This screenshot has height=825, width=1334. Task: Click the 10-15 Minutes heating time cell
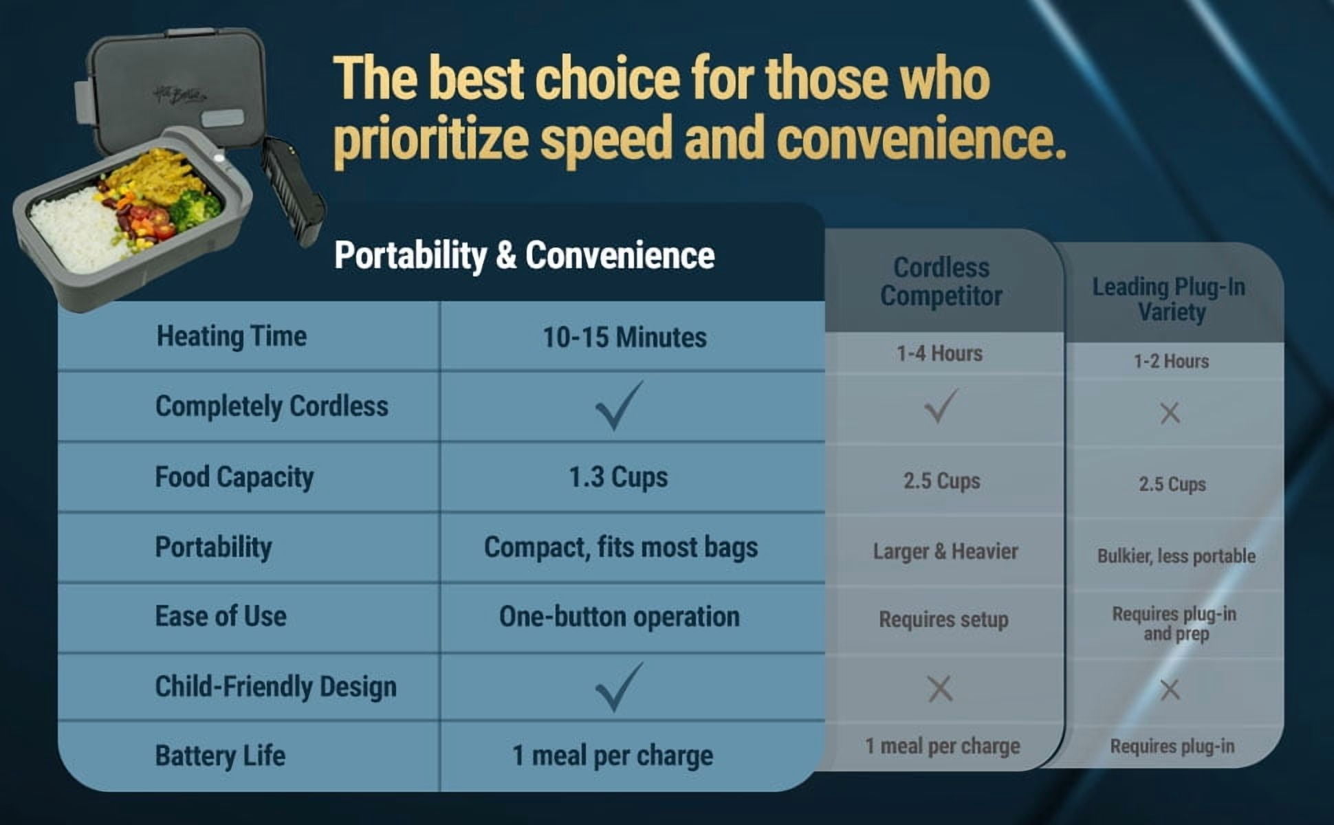(x=624, y=338)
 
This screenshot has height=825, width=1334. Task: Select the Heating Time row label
(x=232, y=336)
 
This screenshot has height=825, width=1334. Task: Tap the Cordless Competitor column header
(x=941, y=282)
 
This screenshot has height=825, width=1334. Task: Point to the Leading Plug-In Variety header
(x=1170, y=300)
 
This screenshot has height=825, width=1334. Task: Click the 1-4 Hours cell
(x=939, y=353)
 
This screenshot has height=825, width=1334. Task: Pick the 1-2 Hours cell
(x=1171, y=361)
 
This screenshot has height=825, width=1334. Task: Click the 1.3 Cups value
(x=618, y=477)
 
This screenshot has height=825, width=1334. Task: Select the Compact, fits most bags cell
(x=621, y=548)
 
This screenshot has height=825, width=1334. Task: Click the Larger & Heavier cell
(x=945, y=551)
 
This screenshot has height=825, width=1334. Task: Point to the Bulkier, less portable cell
(x=1177, y=555)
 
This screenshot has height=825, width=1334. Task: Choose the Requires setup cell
(x=943, y=619)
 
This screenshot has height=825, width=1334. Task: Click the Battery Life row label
(x=220, y=756)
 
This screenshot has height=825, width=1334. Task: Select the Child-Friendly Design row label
(x=276, y=687)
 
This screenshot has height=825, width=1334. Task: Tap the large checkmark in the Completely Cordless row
(x=619, y=405)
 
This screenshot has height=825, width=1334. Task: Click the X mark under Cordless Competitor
(x=940, y=688)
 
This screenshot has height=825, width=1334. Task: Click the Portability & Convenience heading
(x=524, y=256)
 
